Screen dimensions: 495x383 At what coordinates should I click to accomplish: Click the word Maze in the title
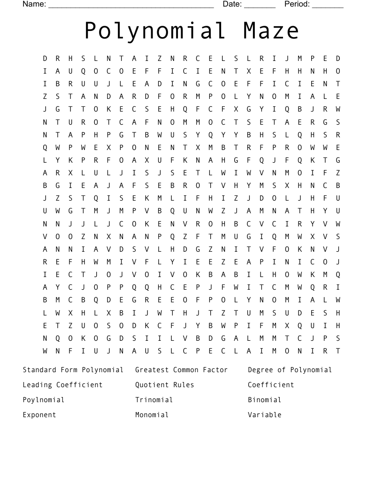[271, 31]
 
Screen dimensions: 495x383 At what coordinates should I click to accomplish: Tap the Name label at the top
[34, 4]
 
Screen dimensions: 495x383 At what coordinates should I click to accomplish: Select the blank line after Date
[260, 6]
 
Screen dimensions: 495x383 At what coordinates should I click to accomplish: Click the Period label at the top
[297, 4]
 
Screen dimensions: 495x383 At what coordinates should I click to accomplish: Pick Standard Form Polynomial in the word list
[73, 370]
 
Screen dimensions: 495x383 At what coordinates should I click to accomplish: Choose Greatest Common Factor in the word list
[181, 370]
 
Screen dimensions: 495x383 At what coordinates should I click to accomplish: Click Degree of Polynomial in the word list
[290, 370]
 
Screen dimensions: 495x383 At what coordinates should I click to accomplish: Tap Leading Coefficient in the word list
[62, 385]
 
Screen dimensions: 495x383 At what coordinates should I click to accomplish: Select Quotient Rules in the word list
[164, 385]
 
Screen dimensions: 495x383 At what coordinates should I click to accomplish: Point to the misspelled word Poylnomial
[44, 400]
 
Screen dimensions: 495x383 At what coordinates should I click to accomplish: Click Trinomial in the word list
[154, 400]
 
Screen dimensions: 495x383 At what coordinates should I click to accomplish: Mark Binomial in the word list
[264, 400]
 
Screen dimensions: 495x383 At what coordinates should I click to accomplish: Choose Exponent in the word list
[39, 415]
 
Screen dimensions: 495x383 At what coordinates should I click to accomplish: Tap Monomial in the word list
[152, 415]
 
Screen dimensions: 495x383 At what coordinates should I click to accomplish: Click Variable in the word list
[264, 415]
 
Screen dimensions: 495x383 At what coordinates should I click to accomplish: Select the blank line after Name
[131, 6]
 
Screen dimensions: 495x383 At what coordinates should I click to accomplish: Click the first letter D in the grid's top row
[45, 59]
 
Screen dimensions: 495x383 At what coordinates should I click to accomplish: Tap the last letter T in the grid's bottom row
[338, 351]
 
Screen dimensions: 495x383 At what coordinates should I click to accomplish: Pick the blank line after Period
[328, 6]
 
